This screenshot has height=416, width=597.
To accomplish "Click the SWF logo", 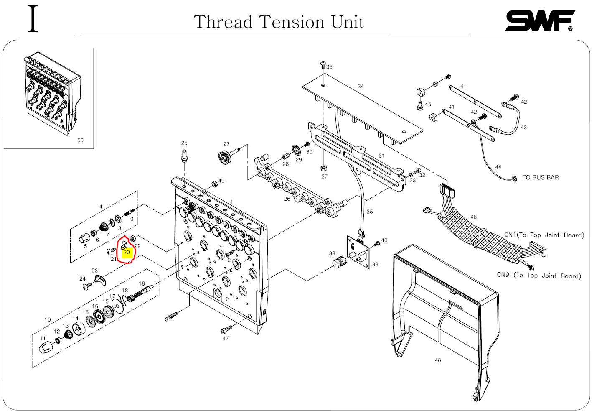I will [539, 20].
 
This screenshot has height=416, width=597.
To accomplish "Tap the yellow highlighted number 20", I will [127, 252].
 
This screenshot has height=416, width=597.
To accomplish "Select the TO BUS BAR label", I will [540, 177].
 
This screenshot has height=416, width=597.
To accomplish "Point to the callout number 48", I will [437, 360].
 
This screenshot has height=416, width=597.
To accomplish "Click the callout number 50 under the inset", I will [80, 140].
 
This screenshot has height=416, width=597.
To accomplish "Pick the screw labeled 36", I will [323, 64].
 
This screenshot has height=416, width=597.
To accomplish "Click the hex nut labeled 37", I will [323, 168].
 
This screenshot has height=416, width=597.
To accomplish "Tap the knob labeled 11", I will [46, 347].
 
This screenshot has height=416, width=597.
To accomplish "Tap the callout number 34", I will [360, 86].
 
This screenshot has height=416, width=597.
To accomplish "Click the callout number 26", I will [287, 199].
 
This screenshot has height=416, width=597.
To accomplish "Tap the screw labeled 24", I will [88, 286].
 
